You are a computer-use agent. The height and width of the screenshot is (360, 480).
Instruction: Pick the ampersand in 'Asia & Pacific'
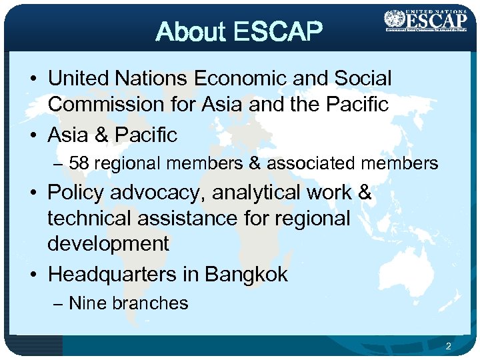click(x=102, y=135)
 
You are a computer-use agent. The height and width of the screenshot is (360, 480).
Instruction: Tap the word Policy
click(x=76, y=193)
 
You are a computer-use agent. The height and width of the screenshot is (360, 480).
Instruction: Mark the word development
click(x=108, y=243)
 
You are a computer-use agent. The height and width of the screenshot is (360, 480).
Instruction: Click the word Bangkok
click(x=246, y=274)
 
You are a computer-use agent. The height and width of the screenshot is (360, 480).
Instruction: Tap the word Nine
click(x=88, y=303)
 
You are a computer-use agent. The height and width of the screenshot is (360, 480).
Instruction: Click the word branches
click(x=150, y=303)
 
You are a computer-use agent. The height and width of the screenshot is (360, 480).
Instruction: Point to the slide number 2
click(x=449, y=346)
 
